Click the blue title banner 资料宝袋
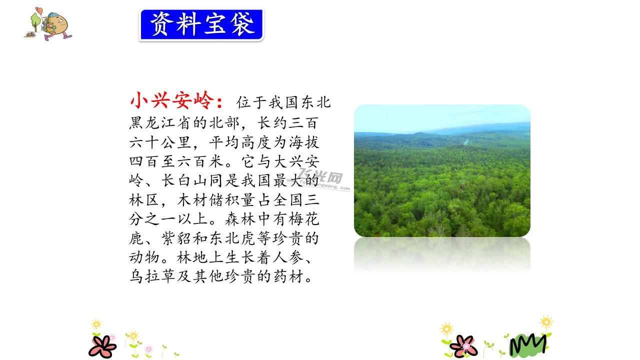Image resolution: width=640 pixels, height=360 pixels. pos(201,25)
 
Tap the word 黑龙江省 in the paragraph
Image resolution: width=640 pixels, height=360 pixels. pos(160,123)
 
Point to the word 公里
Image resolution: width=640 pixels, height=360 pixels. pos(175,142)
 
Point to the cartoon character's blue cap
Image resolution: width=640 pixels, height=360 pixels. pos(53,16)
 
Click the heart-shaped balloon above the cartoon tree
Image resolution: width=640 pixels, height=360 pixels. pos(39,10)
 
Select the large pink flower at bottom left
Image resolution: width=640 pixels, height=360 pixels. pos(102,346)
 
